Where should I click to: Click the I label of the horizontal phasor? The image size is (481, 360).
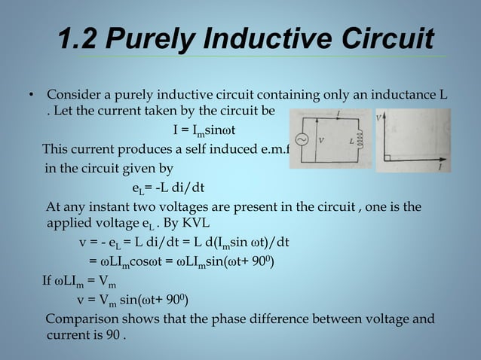440,167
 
